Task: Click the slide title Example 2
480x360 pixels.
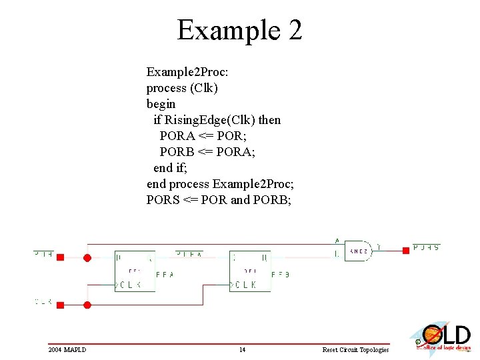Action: point(239,30)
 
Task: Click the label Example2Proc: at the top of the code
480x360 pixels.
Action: point(187,71)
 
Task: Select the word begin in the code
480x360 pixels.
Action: point(161,104)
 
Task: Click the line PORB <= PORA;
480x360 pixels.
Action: point(207,152)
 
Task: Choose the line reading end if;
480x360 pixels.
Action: point(172,168)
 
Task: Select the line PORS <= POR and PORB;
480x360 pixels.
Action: point(219,200)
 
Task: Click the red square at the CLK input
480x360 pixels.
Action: point(60,305)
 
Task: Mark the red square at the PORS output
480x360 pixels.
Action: point(405,251)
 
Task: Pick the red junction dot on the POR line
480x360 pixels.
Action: point(87,257)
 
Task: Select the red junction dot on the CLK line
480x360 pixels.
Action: point(87,305)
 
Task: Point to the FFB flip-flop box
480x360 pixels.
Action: point(249,271)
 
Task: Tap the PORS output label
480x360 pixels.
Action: point(426,247)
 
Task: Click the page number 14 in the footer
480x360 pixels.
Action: point(242,350)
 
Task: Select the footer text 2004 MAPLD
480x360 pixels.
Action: point(67,350)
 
